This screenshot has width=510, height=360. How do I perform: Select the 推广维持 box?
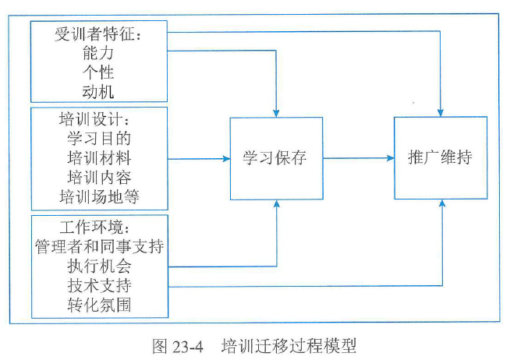440,158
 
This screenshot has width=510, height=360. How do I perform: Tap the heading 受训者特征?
100,36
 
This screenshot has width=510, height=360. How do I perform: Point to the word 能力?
99,55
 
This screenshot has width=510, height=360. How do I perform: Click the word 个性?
99,73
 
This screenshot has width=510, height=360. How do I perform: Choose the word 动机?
99,92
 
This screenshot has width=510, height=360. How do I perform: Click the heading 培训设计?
99,122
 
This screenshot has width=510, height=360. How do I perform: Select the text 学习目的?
99,140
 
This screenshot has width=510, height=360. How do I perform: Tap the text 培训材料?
99,159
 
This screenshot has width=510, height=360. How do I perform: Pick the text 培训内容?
99,177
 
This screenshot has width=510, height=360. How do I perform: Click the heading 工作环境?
99,229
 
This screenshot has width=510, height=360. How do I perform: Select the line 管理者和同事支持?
99,248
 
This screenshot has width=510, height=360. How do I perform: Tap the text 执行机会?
99,266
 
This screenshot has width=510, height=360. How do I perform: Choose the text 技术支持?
99,285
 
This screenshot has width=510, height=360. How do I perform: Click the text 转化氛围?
99,304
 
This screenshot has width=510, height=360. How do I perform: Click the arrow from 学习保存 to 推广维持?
358,158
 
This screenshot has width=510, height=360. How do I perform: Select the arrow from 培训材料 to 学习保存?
199,158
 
